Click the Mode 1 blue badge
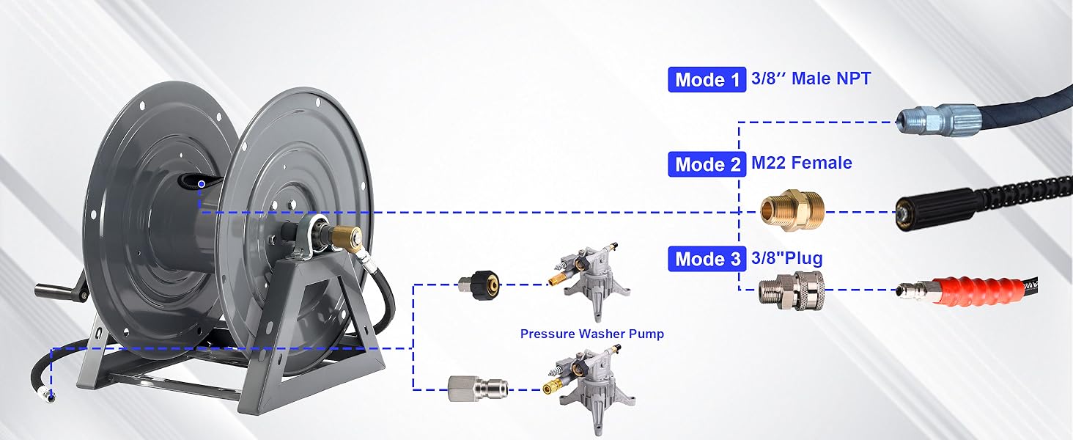tap(707, 79)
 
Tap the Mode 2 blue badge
tap(707, 164)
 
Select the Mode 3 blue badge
tap(707, 259)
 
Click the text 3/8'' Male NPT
tap(811, 78)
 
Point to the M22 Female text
tap(801, 163)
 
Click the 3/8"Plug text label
tap(786, 258)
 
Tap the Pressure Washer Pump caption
tap(592, 334)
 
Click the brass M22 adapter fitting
tap(793, 211)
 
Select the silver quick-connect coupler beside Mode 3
tap(792, 290)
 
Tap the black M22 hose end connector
tap(934, 211)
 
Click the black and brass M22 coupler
tap(479, 285)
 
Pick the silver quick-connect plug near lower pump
tap(477, 389)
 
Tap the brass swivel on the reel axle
tap(347, 236)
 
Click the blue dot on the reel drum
tap(202, 184)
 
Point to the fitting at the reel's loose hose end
tap(48, 396)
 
